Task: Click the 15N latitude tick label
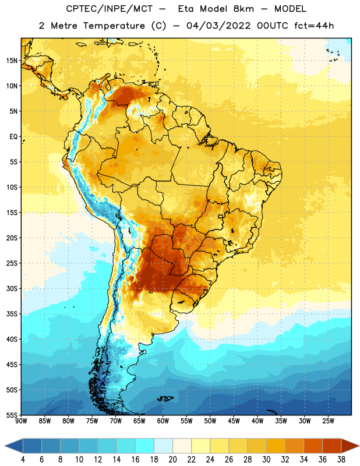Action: coord(12,61)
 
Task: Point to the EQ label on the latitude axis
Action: coord(13,137)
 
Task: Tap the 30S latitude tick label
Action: coord(12,289)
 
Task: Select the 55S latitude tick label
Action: coord(12,415)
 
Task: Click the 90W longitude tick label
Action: coord(21,421)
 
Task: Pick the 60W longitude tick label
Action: coord(163,421)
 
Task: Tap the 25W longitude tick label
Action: coord(328,421)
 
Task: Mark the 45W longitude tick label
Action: coord(234,421)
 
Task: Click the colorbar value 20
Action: coord(172,460)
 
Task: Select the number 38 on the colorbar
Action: coord(341,460)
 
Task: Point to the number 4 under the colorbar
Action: coord(23,460)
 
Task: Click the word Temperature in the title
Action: coord(114,26)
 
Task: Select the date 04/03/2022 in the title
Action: coord(218,26)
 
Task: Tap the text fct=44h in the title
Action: coord(314,26)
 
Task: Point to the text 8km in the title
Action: coord(243,9)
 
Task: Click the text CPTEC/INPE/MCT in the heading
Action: coord(110,9)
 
